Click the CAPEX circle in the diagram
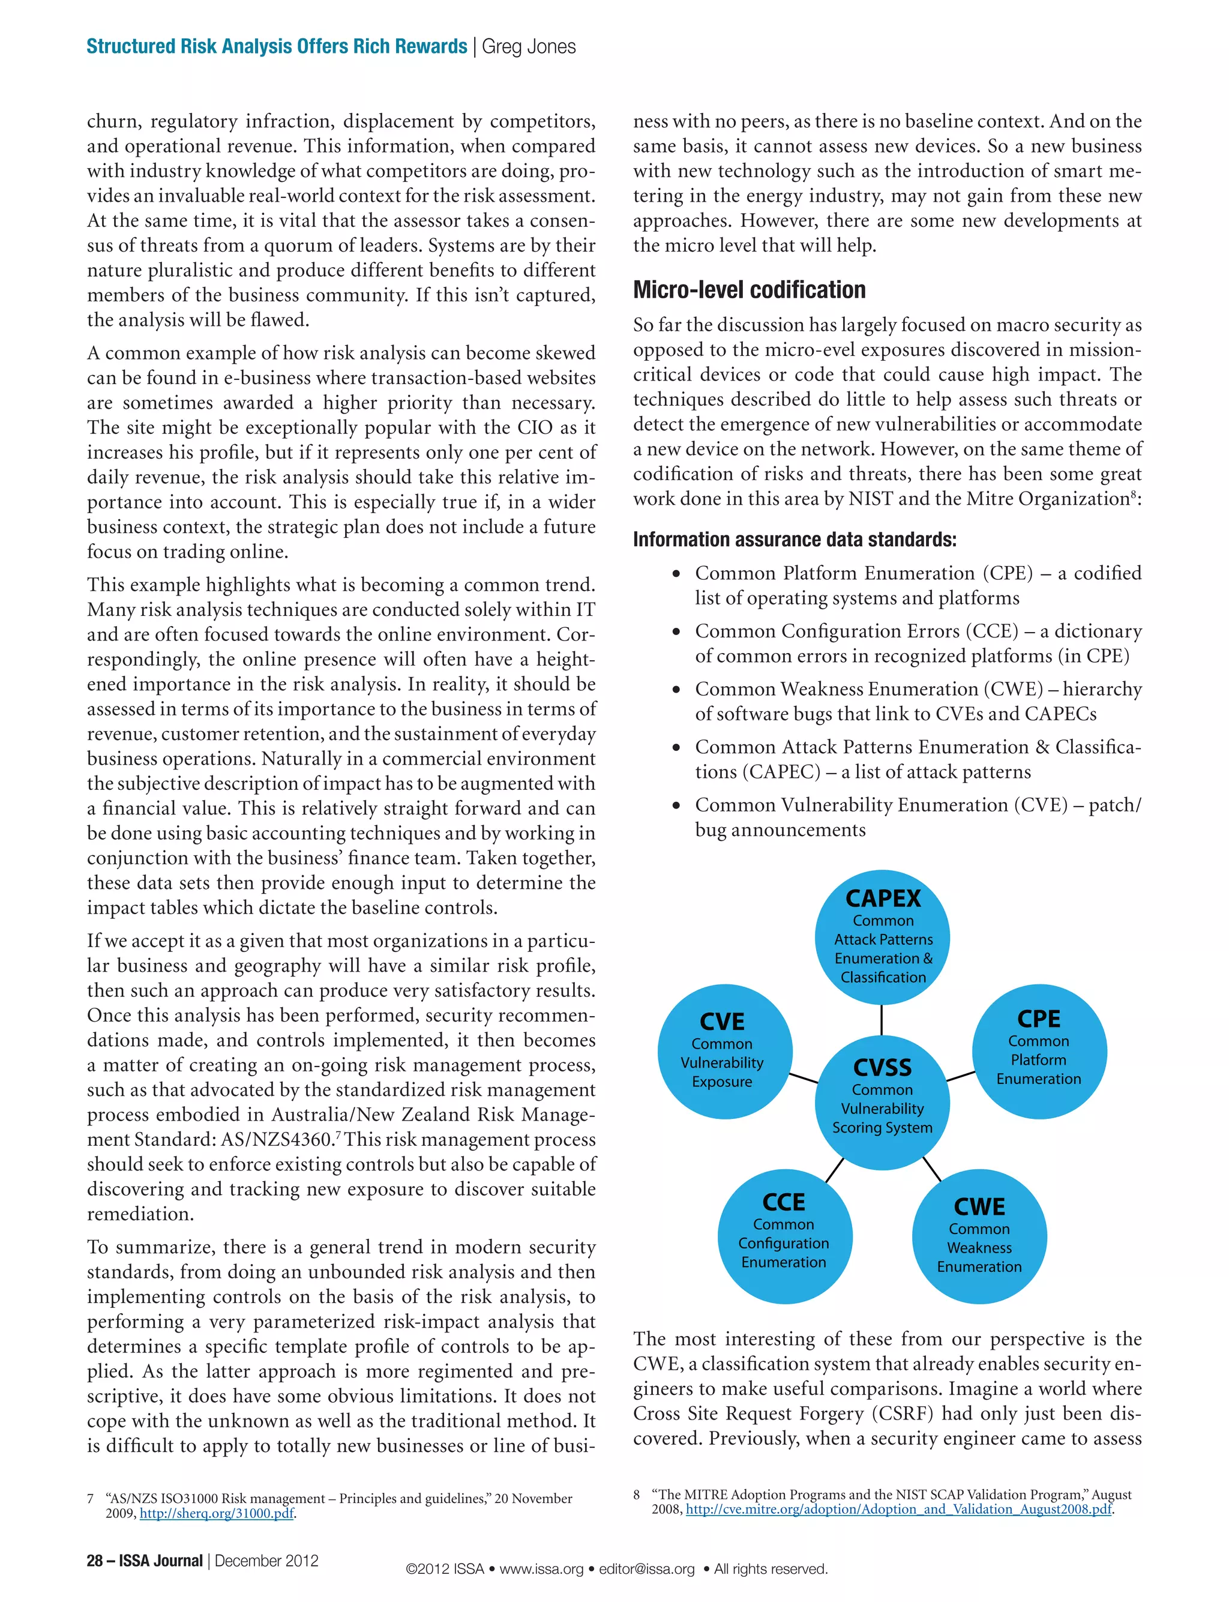(x=882, y=937)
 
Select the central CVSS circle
(x=882, y=1097)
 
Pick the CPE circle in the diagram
(x=1039, y=1050)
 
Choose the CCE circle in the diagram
(x=784, y=1234)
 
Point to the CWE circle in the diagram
(x=979, y=1237)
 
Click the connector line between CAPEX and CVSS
(x=882, y=1020)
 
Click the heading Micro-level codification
(x=749, y=290)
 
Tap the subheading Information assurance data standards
(x=795, y=540)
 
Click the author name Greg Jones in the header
(x=529, y=47)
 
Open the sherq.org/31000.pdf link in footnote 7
(x=217, y=1514)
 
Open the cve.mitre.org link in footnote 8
(x=898, y=1509)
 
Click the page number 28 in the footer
(x=95, y=1561)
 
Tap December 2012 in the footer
(x=267, y=1561)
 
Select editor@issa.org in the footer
(x=647, y=1569)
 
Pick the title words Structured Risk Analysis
(x=190, y=47)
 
